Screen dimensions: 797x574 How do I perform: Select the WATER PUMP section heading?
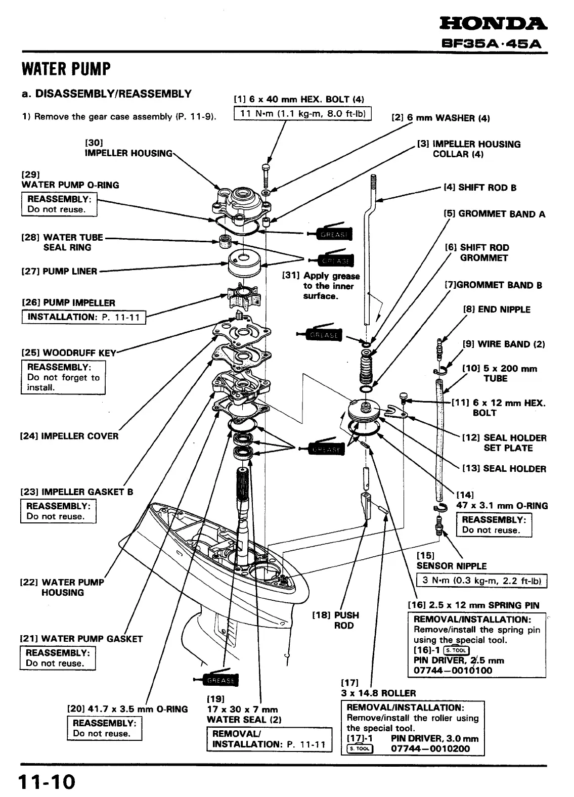tap(66, 68)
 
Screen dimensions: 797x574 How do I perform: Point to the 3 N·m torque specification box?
tap(481, 580)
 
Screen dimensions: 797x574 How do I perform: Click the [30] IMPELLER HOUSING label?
tap(128, 148)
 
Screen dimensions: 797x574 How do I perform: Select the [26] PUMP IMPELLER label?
tap(69, 303)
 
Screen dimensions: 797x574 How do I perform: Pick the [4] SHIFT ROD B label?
tap(480, 188)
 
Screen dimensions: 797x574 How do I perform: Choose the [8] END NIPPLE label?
tap(497, 309)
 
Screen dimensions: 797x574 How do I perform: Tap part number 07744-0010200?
tap(430, 748)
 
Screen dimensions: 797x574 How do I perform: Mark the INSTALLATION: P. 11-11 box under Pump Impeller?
tap(84, 317)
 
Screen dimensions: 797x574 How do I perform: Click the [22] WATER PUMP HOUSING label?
tap(62, 587)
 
